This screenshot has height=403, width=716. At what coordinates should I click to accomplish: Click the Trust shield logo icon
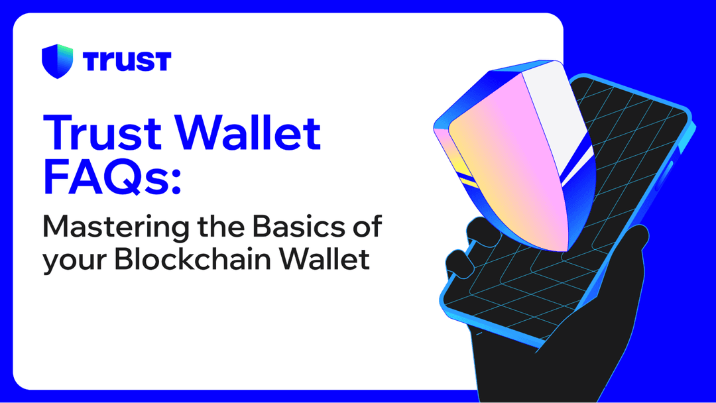point(57,61)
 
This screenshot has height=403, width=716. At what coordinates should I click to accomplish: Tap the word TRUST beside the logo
point(127,61)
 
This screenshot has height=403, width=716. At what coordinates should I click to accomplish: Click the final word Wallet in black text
point(326,259)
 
